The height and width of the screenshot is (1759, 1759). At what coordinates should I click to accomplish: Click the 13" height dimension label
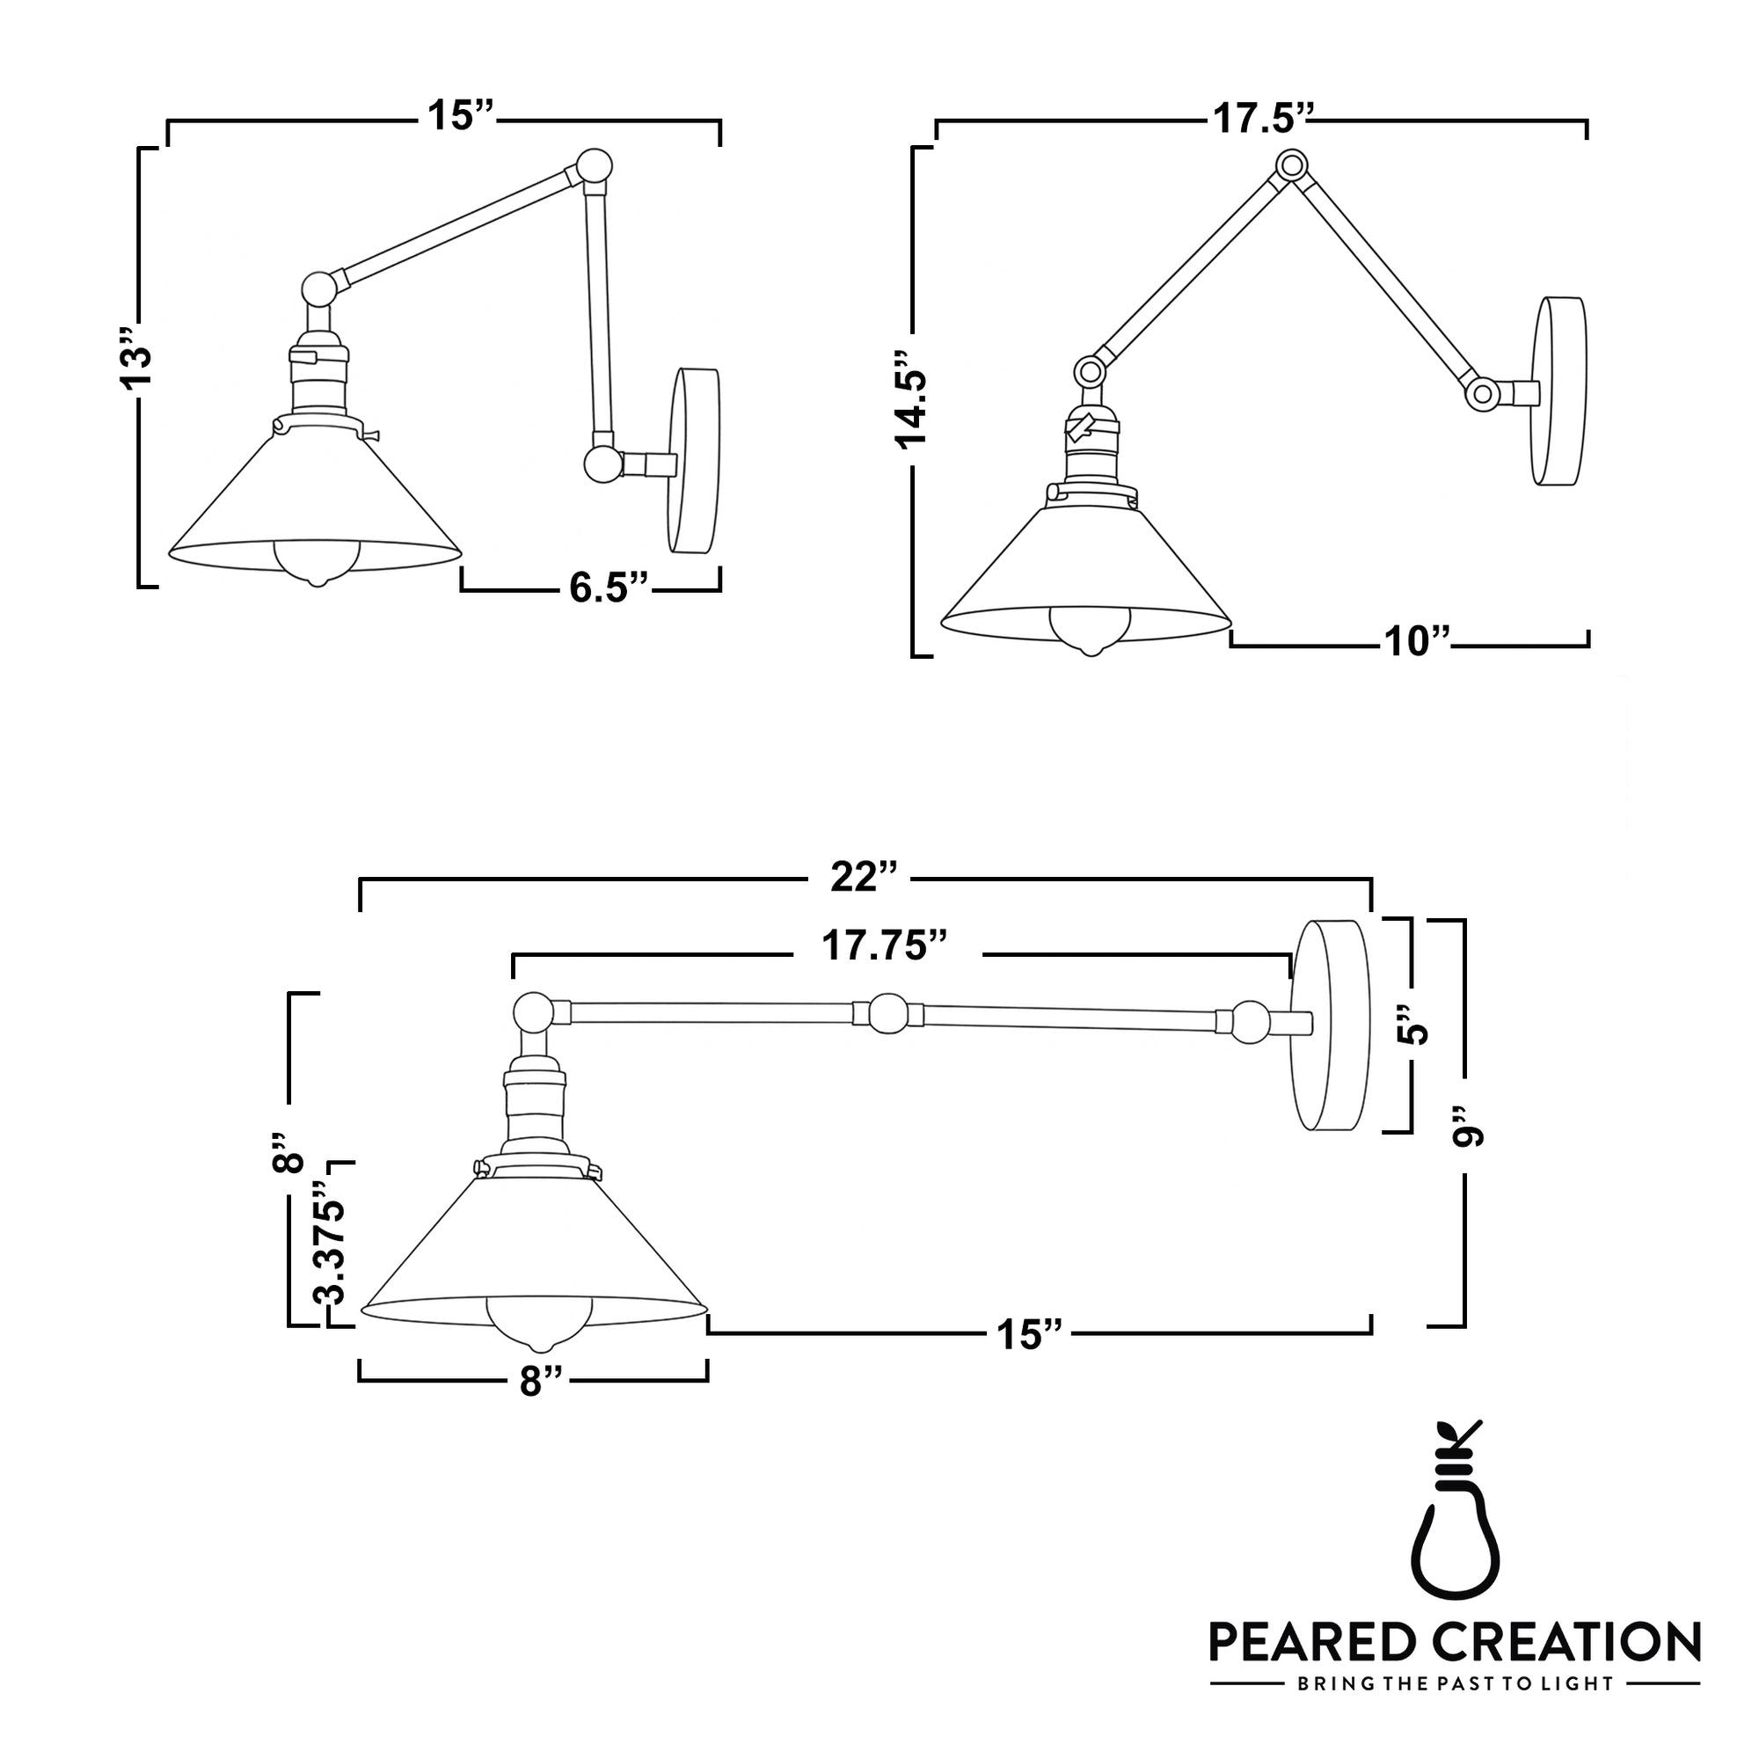(x=138, y=368)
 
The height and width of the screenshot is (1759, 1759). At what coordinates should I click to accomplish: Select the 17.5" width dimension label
(x=1262, y=120)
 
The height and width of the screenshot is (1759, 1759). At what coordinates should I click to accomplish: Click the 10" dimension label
(x=1416, y=642)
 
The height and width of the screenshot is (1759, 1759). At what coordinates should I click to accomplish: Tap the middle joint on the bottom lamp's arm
(x=887, y=1014)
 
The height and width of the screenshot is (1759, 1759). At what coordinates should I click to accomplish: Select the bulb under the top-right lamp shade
(x=1089, y=628)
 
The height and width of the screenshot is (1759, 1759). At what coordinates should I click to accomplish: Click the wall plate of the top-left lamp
(x=696, y=460)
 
